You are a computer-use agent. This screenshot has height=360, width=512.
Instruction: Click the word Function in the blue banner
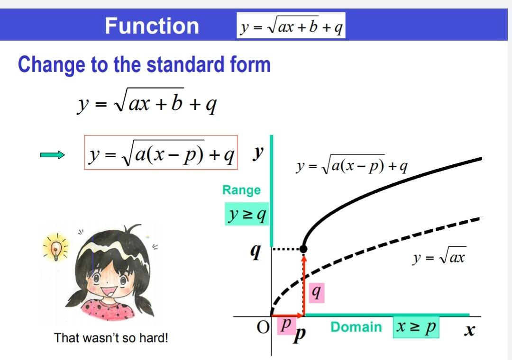pyautogui.click(x=152, y=26)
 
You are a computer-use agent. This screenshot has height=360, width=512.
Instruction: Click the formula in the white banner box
pyautogui.click(x=291, y=26)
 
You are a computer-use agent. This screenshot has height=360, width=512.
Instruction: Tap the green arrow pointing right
pyautogui.click(x=53, y=155)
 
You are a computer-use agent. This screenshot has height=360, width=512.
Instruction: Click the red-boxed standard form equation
pyautogui.click(x=161, y=153)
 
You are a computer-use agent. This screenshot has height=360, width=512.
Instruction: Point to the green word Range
pyautogui.click(x=241, y=190)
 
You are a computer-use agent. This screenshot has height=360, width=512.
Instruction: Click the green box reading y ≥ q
pyautogui.click(x=247, y=214)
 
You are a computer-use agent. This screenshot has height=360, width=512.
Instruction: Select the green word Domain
pyautogui.click(x=356, y=327)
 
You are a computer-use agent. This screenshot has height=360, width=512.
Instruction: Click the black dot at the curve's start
pyautogui.click(x=303, y=249)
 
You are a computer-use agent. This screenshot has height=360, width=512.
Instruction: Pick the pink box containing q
pyautogui.click(x=316, y=293)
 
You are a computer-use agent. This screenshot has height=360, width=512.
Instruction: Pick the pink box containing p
pyautogui.click(x=286, y=326)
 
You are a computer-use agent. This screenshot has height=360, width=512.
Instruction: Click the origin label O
pyautogui.click(x=263, y=327)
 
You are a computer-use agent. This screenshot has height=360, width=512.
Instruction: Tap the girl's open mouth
pyautogui.click(x=110, y=291)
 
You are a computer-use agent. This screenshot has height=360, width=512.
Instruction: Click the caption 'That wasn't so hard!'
pyautogui.click(x=111, y=337)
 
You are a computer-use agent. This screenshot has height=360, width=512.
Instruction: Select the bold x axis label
pyautogui.click(x=469, y=331)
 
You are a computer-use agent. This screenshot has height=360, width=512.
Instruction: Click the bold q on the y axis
pyautogui.click(x=256, y=252)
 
